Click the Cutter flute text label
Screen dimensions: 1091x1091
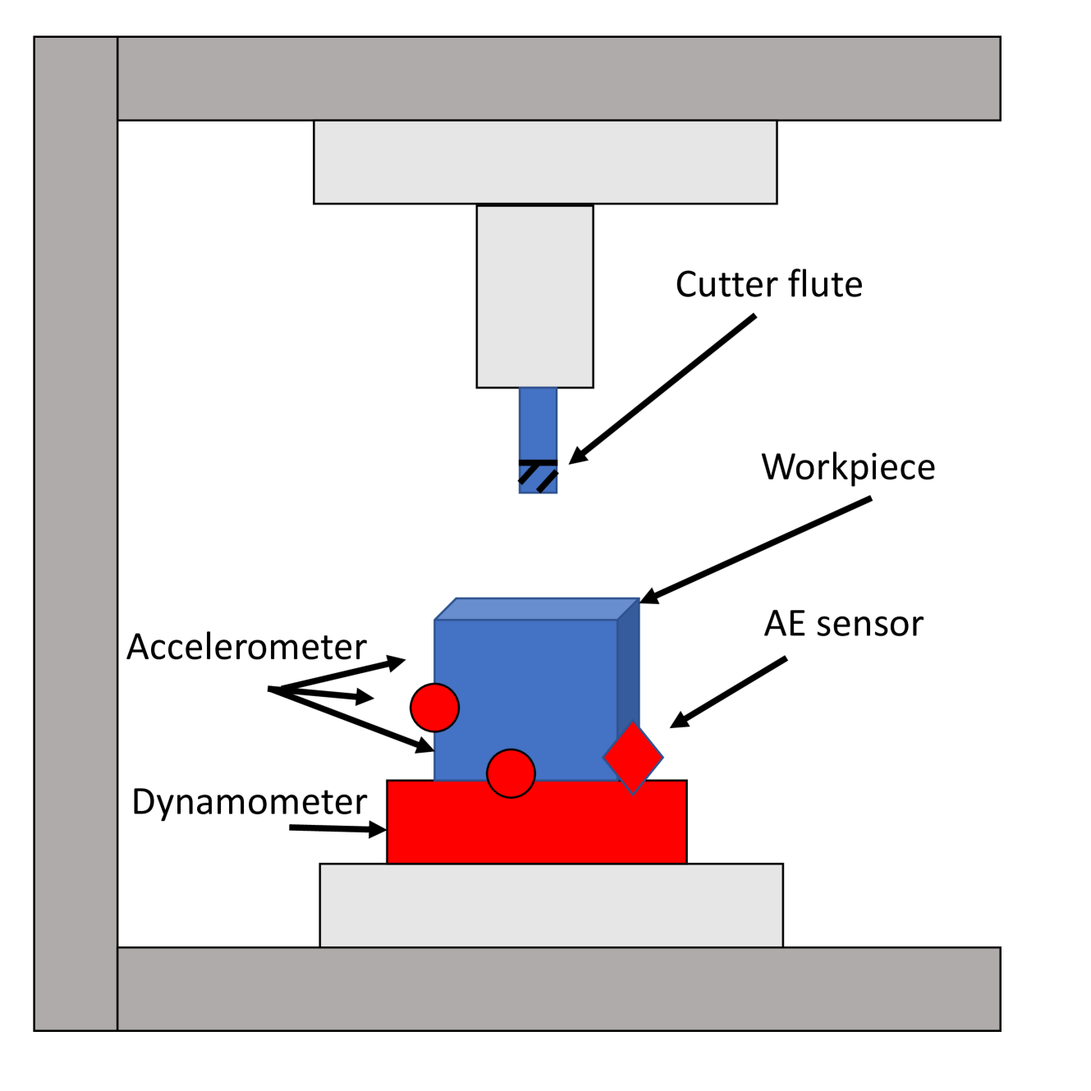pos(768,285)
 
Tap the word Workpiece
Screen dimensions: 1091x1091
pos(848,467)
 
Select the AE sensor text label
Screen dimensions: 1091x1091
pos(843,624)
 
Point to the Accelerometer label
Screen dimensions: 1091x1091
pos(246,647)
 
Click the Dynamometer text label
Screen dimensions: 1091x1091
pos(249,802)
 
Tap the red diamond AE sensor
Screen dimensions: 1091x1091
pos(633,758)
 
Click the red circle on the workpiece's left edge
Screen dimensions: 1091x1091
pos(434,708)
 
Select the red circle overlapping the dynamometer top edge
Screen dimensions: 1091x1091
pos(511,773)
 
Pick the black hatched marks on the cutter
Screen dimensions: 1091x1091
pos(538,474)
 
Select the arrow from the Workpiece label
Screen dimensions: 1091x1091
pos(755,550)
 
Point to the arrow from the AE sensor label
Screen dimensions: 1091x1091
pos(729,692)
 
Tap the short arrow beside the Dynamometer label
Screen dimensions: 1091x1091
pos(337,829)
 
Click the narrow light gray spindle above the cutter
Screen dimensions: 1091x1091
pos(534,296)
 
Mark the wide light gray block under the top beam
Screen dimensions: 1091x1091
pos(545,163)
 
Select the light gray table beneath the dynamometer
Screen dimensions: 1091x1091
pos(551,905)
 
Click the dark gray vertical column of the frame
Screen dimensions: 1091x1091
pos(76,534)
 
